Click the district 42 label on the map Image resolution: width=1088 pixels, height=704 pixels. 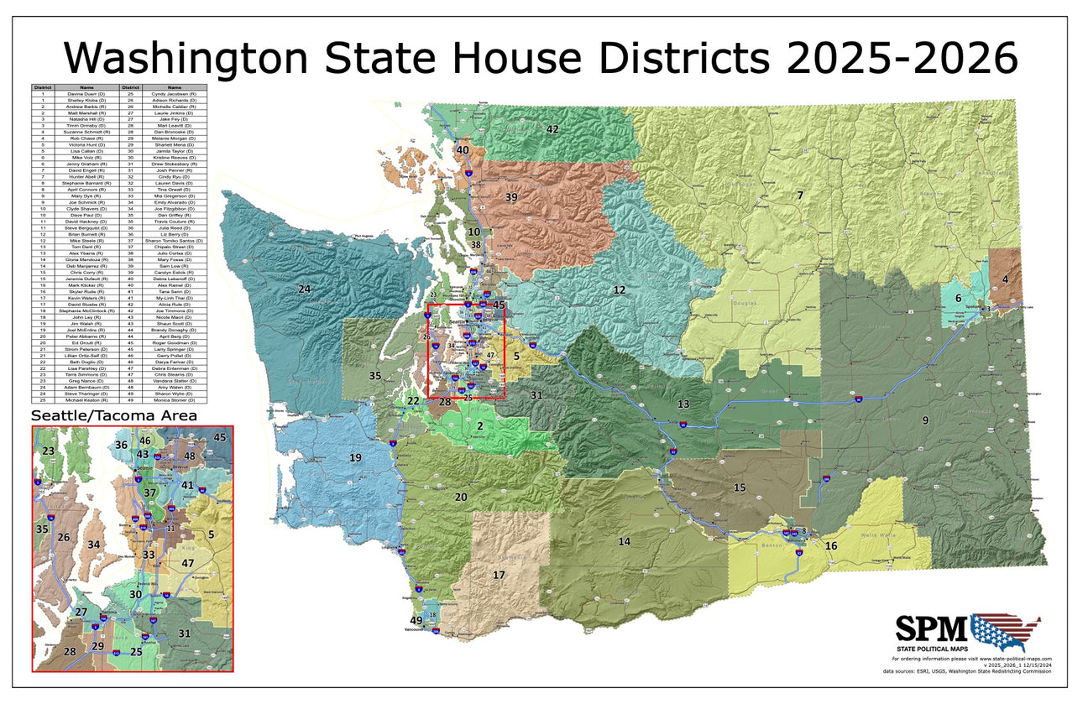point(552,129)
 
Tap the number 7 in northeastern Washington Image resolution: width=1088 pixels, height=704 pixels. point(800,195)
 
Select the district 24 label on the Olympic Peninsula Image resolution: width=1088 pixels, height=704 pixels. point(304,289)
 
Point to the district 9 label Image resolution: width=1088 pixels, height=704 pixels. point(925,420)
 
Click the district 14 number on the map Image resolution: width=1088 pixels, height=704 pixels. point(624,541)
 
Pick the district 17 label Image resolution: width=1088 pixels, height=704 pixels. point(499,575)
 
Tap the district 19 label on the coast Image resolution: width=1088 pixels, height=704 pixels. point(355,457)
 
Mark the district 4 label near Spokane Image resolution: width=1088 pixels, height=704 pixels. point(1004,279)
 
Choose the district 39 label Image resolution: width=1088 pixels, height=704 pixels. point(510,196)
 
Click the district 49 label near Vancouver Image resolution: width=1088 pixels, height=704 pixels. point(416,620)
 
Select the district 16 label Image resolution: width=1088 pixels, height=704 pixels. point(831,546)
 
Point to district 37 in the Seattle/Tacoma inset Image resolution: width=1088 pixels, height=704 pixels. point(150,493)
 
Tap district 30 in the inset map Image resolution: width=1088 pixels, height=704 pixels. point(136,594)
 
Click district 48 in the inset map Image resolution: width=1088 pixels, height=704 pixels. point(190,456)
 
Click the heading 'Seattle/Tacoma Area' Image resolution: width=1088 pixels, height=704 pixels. point(114,415)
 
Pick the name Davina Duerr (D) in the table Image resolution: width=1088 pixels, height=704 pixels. point(86,93)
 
